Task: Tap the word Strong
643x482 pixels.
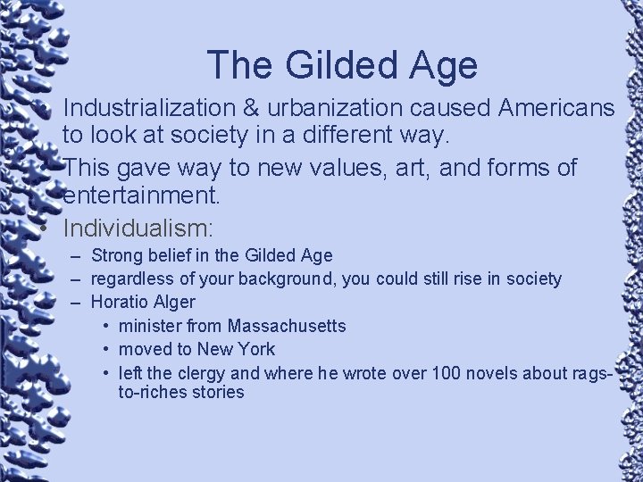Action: (118, 256)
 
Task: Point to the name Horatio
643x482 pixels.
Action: (120, 303)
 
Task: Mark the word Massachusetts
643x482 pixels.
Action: (287, 326)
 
